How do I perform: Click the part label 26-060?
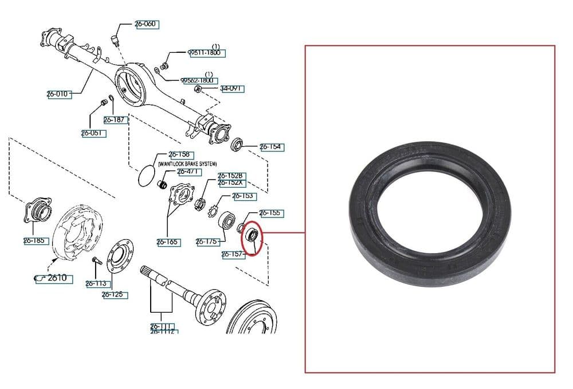pos(146,24)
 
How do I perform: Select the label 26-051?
pos(93,133)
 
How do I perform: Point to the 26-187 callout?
pos(115,120)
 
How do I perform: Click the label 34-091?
pos(233,88)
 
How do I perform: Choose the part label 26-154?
pos(272,147)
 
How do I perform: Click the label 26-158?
pos(180,155)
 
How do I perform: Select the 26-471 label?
pos(188,172)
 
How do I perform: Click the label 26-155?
pos(271,213)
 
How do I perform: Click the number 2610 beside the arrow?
pos(57,278)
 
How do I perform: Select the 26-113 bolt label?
pos(97,283)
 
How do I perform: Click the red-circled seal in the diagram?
pos(251,235)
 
